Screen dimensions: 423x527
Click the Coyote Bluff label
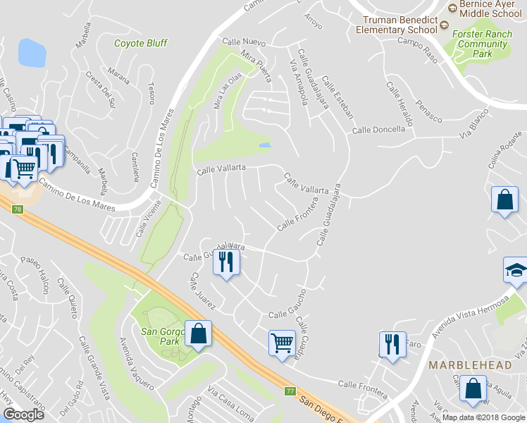(x=141, y=43)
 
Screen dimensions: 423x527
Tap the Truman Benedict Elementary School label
(x=396, y=25)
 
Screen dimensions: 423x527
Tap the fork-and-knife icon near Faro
(x=390, y=345)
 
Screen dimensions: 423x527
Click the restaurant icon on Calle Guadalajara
(x=226, y=262)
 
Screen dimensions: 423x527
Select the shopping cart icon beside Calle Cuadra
(x=282, y=343)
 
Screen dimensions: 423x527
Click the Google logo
(x=23, y=415)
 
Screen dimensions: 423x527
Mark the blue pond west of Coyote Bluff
(x=32, y=51)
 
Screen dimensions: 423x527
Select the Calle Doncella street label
(x=378, y=129)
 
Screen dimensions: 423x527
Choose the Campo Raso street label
(x=418, y=50)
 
